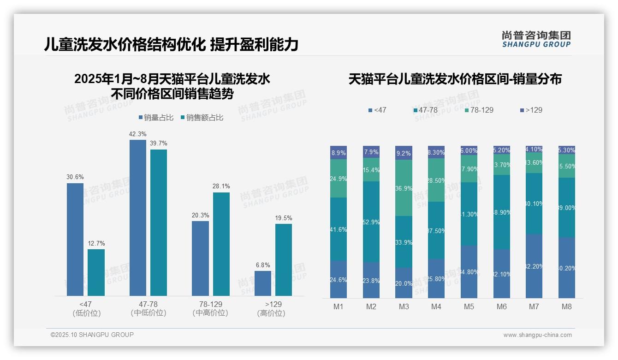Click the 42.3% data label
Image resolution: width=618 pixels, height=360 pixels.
point(138,134)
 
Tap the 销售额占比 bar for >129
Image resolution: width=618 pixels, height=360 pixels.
point(283,259)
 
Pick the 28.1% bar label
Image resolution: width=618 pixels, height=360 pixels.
point(221,186)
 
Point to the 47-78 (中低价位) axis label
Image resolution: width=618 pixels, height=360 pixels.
point(149,308)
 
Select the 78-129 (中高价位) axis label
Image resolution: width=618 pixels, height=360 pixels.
point(210,308)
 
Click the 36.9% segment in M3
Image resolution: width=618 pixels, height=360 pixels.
point(404,188)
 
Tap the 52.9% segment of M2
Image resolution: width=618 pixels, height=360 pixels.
point(371,222)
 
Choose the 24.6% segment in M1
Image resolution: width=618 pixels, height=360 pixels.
point(339,279)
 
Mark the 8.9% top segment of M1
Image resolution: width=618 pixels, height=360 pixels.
point(339,153)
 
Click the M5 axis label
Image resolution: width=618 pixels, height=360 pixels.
point(469,306)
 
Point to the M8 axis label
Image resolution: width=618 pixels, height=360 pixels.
point(567,306)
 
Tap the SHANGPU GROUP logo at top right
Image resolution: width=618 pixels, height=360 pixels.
point(536,39)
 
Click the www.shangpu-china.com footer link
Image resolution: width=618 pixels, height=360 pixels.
point(537,335)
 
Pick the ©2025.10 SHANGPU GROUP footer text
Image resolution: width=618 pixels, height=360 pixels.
point(92,335)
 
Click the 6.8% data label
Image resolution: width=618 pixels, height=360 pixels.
point(263,265)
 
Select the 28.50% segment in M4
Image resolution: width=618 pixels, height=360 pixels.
point(436,180)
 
